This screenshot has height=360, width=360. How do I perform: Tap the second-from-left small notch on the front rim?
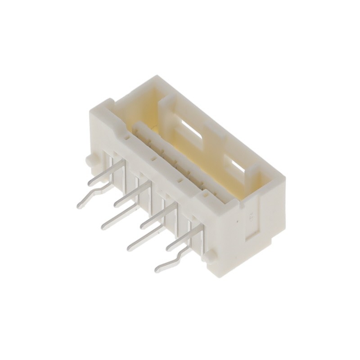tap(153, 159)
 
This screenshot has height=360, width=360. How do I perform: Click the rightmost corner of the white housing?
tap(285, 180)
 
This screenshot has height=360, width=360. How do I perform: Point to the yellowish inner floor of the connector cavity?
tap(148, 112)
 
